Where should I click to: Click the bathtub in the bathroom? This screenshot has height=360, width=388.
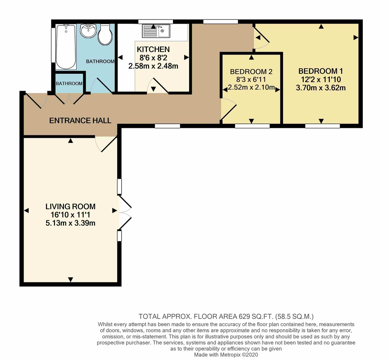tap(66, 47)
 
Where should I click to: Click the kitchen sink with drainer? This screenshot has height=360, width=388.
tap(156, 31)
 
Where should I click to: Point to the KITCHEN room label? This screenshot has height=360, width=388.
tap(153, 49)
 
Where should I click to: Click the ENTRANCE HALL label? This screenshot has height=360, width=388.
tap(80, 121)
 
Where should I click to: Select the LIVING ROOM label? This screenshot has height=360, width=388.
tap(70, 206)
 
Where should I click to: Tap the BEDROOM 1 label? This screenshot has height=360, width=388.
tap(320, 71)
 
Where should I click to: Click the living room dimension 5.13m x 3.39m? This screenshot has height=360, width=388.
tap(70, 223)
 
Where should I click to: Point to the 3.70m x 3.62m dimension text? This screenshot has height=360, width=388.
tap(320, 88)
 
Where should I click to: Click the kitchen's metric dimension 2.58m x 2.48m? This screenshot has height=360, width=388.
tap(153, 66)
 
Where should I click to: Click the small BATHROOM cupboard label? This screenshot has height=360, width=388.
tap(69, 83)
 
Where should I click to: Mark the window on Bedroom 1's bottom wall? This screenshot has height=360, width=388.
tap(322, 126)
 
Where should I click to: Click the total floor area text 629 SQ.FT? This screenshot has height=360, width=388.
tap(226, 316)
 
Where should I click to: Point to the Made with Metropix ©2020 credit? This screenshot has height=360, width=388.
tap(226, 355)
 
